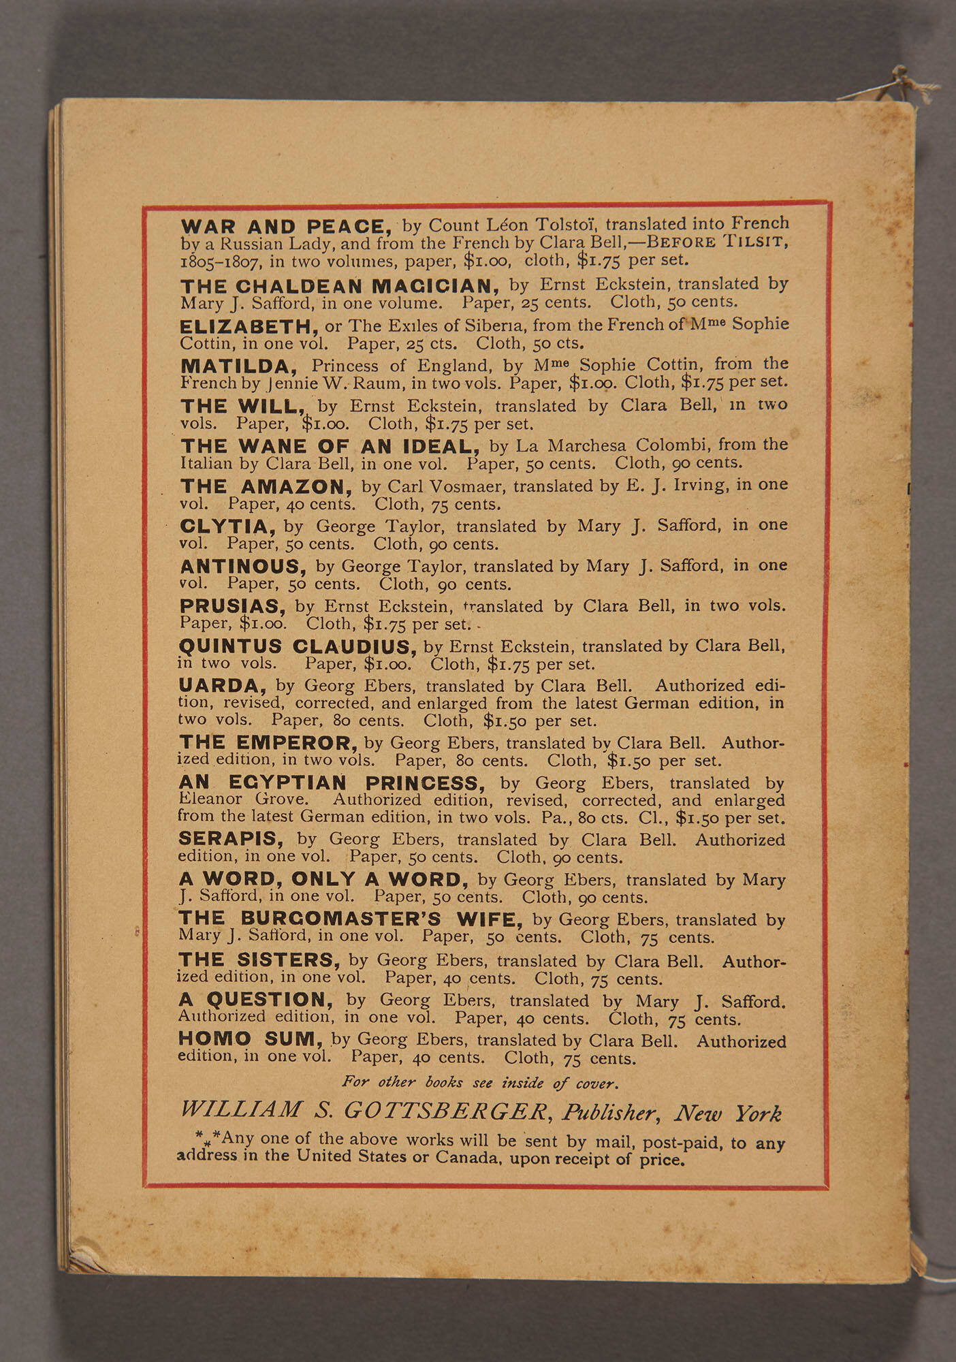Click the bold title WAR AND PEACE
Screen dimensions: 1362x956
(286, 227)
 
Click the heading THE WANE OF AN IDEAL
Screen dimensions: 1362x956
(330, 447)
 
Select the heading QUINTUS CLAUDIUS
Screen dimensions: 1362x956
(298, 646)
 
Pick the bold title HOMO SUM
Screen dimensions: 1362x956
(251, 1040)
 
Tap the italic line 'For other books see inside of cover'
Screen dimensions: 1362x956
(480, 1082)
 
